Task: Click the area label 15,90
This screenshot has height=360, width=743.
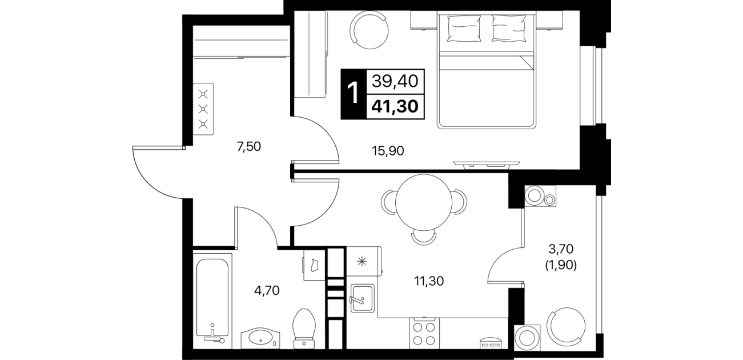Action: coord(388,151)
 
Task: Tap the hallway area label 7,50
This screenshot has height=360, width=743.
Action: coord(249,146)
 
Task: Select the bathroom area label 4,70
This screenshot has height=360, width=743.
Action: coord(267,291)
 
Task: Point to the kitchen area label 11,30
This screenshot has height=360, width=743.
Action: coord(428,281)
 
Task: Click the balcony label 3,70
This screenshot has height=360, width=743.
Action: coord(561,249)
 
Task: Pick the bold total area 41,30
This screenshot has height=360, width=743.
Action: coord(395,106)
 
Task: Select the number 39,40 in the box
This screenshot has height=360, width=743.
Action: coord(395,81)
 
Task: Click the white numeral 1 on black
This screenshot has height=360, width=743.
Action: coord(354,93)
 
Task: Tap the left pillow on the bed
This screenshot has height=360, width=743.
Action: coord(464,29)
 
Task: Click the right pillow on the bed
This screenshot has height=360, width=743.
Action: coord(509,29)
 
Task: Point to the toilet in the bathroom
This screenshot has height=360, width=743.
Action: coord(304,329)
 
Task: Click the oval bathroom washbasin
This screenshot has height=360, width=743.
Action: coord(260,338)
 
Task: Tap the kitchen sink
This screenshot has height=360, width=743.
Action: coord(363,298)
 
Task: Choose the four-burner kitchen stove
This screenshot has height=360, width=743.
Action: coord(424,334)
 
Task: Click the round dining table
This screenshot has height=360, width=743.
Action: coord(424,203)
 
